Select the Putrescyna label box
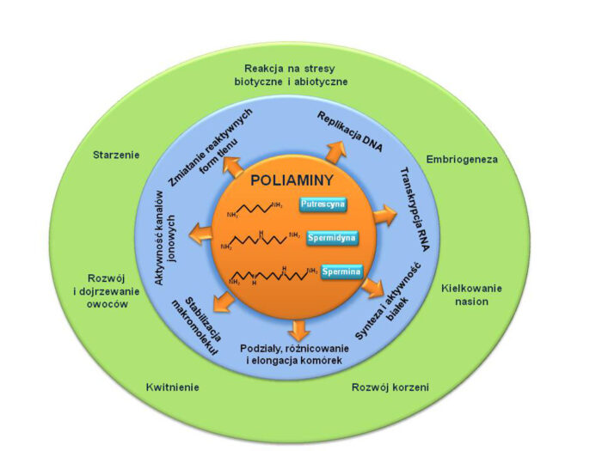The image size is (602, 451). click(x=322, y=204)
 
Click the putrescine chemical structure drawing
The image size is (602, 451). click(x=254, y=210)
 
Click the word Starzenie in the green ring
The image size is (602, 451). click(x=116, y=155)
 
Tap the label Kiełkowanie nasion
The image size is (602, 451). click(x=471, y=295)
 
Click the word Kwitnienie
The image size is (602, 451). click(x=173, y=387)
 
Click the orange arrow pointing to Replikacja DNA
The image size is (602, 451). click(x=333, y=153)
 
